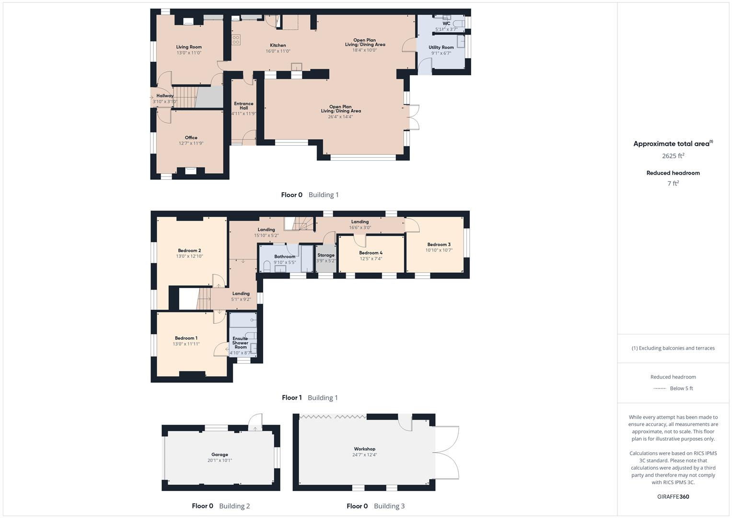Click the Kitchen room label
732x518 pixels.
tap(278, 45)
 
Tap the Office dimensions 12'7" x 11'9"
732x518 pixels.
tap(191, 143)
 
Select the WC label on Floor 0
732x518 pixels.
tap(446, 23)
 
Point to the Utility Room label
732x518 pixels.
tap(441, 47)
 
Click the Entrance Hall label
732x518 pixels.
tap(244, 106)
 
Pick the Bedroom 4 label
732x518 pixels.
tap(371, 253)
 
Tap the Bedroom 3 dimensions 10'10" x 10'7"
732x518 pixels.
tap(439, 250)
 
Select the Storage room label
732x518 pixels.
tap(325, 255)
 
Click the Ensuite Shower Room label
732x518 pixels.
tap(240, 342)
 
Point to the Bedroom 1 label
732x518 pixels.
tap(186, 338)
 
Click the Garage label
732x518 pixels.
tap(220, 454)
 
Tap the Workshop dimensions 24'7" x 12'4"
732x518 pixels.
tap(364, 455)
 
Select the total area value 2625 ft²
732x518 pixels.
tap(673, 156)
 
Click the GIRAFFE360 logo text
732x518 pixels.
tap(673, 496)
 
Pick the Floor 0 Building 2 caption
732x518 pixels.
tap(221, 506)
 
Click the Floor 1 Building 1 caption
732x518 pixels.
tap(310, 398)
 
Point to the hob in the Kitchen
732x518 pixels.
tap(236, 40)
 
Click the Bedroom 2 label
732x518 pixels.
tap(189, 250)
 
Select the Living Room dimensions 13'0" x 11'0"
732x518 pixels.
tap(189, 53)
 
